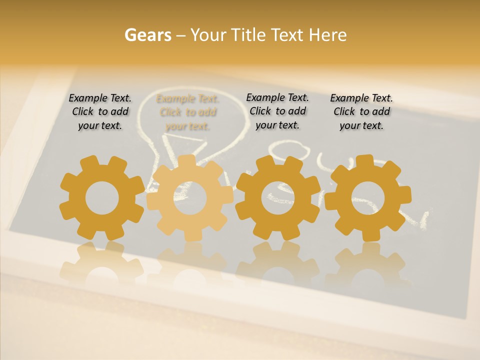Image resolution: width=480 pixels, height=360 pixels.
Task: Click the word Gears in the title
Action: [x=148, y=35]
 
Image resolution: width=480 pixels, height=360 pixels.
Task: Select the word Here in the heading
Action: [x=327, y=35]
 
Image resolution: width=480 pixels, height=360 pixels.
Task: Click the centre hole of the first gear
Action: [x=102, y=198]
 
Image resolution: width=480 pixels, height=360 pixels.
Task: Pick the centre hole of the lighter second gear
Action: [x=189, y=198]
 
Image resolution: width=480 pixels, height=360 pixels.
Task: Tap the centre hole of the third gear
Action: [x=277, y=198]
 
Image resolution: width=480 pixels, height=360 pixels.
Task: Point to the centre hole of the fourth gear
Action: [x=368, y=198]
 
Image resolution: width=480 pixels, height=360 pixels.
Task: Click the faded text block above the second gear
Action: [x=187, y=112]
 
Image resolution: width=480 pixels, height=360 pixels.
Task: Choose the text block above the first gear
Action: [x=100, y=111]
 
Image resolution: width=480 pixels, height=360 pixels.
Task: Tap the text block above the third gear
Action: [x=277, y=111]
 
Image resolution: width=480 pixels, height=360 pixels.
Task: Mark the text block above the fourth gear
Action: [x=361, y=111]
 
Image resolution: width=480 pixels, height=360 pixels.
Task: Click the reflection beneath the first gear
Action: [x=101, y=262]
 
